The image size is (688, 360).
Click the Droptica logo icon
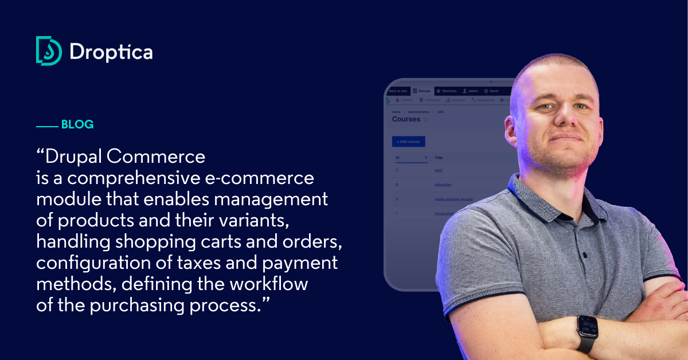point(49,50)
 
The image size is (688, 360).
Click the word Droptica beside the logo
point(111,52)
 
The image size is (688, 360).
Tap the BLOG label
point(77,124)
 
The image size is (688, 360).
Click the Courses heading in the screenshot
point(406,119)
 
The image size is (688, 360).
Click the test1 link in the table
point(439,170)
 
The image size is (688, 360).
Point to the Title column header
point(439,158)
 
